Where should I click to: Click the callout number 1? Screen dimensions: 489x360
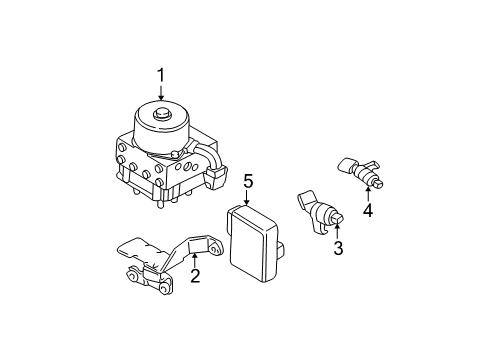pos(161,75)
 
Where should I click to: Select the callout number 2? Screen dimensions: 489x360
pos(195,276)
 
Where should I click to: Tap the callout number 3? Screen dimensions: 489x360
pos(338,248)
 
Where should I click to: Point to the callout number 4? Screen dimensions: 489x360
pos(368,210)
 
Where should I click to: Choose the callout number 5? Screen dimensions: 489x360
pos(248,181)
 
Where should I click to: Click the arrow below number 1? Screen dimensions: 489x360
pos(161,92)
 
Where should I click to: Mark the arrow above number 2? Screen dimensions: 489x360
pos(195,260)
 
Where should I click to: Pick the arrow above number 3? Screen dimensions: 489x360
pos(337,232)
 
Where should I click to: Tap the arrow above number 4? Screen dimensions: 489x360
pos(368,194)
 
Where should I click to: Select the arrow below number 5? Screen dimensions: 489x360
pos(246,198)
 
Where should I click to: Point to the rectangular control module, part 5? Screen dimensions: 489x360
pos(252,243)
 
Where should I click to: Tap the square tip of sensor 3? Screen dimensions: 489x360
pos(337,219)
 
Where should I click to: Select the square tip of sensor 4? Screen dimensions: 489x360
pos(378,183)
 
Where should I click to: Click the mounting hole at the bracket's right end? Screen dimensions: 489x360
pos(216,248)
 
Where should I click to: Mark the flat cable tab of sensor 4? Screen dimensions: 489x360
pos(347,164)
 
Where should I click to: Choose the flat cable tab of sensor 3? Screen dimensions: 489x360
pos(307,199)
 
